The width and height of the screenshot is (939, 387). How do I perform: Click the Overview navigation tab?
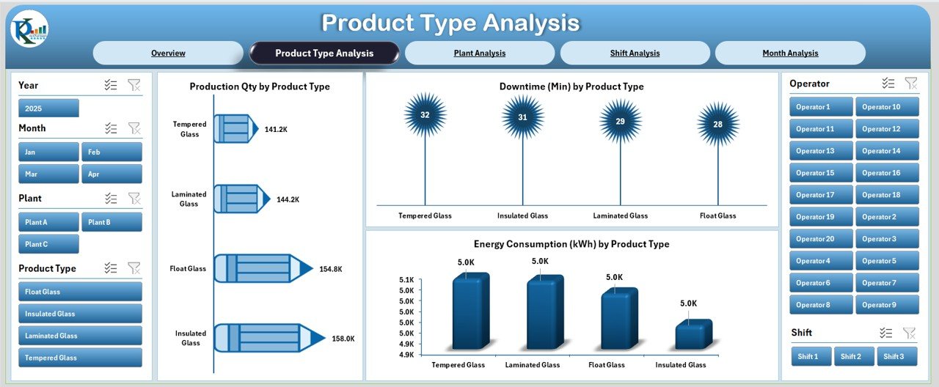pyautogui.click(x=168, y=53)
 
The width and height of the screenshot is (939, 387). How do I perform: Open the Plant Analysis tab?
pyautogui.click(x=479, y=53)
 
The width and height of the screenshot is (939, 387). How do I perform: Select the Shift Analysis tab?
pyautogui.click(x=635, y=53)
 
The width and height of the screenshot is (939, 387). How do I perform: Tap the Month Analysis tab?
pyautogui.click(x=790, y=53)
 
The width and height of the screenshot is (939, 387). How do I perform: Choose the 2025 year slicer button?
pyautogui.click(x=48, y=108)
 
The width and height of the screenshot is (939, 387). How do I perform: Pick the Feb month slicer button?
pyautogui.click(x=112, y=152)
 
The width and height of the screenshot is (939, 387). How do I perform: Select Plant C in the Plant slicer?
pyautogui.click(x=48, y=244)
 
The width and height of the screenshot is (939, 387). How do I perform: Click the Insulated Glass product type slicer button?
pyautogui.click(x=80, y=314)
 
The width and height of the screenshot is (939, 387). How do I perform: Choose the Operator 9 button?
pyautogui.click(x=887, y=305)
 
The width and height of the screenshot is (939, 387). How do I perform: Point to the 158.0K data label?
pyautogui.click(x=343, y=339)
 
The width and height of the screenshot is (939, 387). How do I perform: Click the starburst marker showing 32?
pyautogui.click(x=425, y=115)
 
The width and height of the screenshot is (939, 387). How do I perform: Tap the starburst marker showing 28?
pyautogui.click(x=717, y=124)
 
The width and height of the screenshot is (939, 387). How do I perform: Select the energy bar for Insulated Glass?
pyautogui.click(x=693, y=335)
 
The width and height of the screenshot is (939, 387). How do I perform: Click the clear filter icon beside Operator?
pyautogui.click(x=910, y=84)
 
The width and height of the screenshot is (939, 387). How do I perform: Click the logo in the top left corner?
pyautogui.click(x=29, y=29)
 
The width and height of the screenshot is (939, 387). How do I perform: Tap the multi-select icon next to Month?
pyautogui.click(x=111, y=128)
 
